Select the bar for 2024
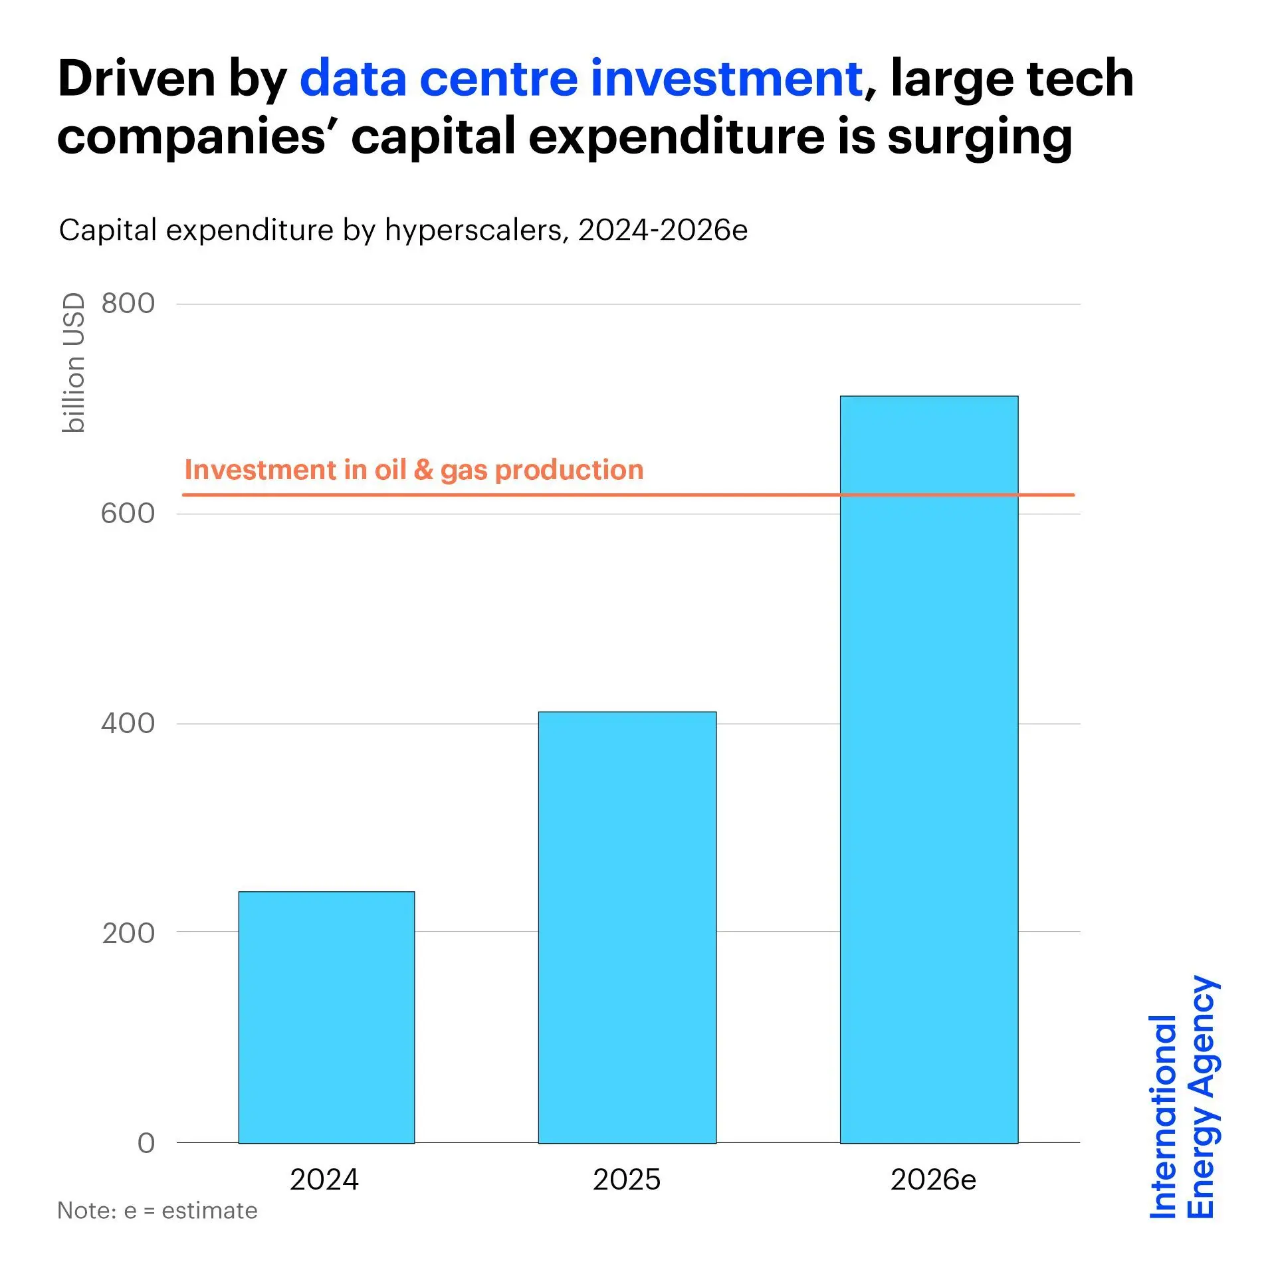point(326,1017)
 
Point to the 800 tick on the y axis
point(128,304)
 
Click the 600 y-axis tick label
point(128,514)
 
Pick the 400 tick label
point(128,723)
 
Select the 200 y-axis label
point(128,933)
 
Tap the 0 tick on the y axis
point(146,1143)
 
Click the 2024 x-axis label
point(324,1180)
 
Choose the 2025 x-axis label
point(627,1180)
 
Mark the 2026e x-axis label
point(933,1180)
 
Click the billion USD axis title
point(74,363)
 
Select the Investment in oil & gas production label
point(414,470)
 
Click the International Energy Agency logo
point(1183,1097)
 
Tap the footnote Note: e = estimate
point(158,1211)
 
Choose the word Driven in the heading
point(136,78)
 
